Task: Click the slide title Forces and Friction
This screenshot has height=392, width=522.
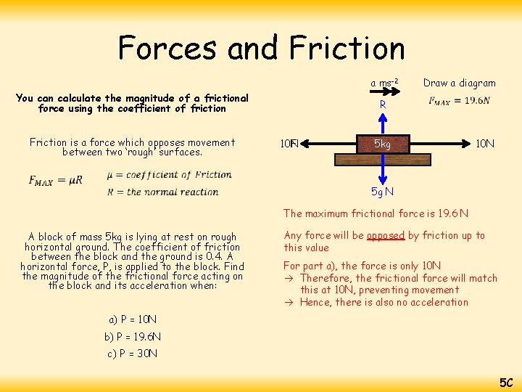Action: (261, 49)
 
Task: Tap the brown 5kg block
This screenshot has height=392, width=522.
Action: (382, 144)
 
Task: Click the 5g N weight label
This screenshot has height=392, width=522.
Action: (382, 192)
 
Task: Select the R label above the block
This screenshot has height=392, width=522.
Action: (383, 105)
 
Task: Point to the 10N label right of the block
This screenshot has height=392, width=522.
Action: (485, 144)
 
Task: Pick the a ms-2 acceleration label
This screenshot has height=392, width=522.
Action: (385, 83)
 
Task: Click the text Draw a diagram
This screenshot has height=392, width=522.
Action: (459, 83)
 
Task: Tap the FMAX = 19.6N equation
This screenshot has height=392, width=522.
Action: (459, 101)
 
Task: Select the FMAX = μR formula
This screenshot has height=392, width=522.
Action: (56, 181)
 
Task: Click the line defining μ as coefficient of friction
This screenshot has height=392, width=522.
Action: (169, 174)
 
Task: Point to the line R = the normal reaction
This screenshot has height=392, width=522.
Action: (162, 192)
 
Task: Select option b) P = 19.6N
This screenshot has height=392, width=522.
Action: (133, 337)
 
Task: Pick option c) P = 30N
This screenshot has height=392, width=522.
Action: (131, 354)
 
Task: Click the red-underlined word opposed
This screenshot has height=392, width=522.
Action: (385, 235)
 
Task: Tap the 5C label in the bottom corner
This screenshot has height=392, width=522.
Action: (505, 382)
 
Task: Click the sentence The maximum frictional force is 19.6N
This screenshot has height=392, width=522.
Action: (376, 213)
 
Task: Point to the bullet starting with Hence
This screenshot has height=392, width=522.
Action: (384, 302)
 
